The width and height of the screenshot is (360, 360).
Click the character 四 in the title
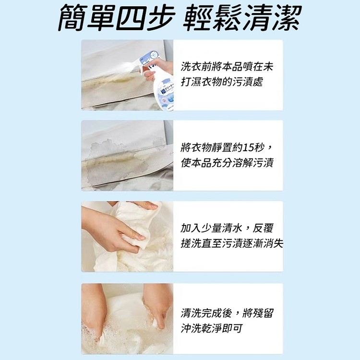tap(131, 18)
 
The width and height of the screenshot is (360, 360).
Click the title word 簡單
tap(86, 18)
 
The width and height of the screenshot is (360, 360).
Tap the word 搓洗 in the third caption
tap(191, 243)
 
